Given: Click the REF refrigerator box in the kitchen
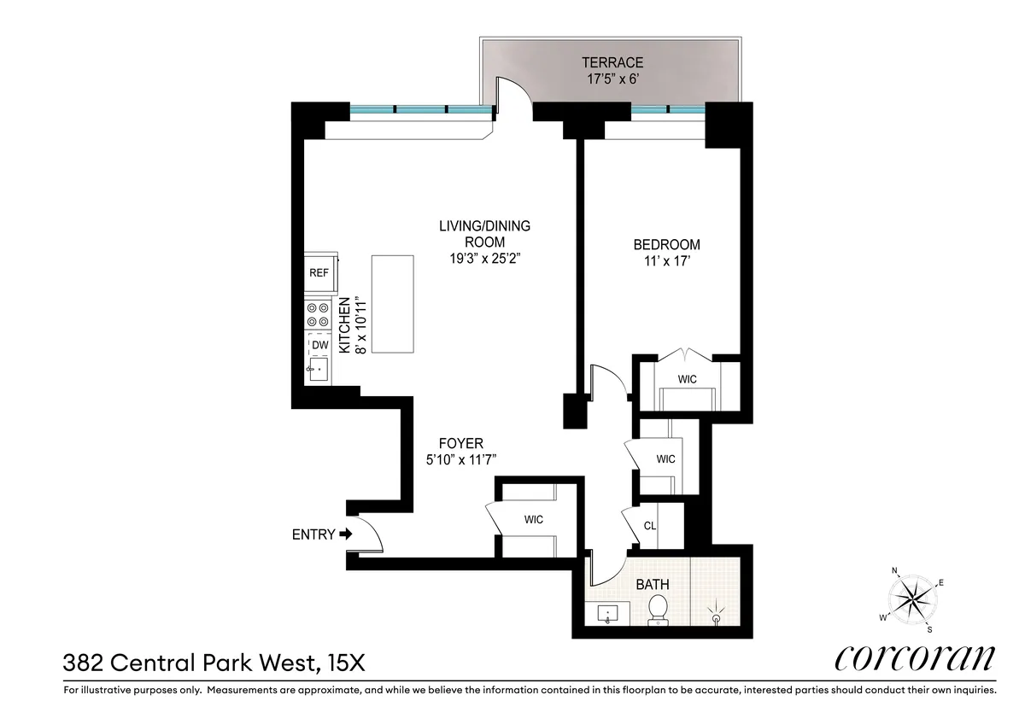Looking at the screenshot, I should [x=319, y=273].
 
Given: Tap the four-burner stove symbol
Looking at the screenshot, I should [x=319, y=315].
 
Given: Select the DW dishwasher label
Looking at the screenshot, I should [x=319, y=345].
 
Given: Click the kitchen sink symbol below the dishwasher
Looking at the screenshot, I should [x=319, y=371].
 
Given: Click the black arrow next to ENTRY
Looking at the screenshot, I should [x=345, y=534].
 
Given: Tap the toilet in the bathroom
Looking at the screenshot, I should [x=658, y=610].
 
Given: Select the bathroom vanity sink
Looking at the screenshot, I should [x=608, y=614].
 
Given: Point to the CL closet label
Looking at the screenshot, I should [x=649, y=526].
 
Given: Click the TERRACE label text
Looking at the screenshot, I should [x=612, y=62].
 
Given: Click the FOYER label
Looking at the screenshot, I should [x=461, y=443].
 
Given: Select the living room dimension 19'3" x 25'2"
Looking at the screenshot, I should [x=484, y=259].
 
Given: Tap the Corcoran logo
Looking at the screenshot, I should [x=915, y=657].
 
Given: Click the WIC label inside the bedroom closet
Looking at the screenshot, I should [x=688, y=377].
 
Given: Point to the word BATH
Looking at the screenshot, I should [x=653, y=585].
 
